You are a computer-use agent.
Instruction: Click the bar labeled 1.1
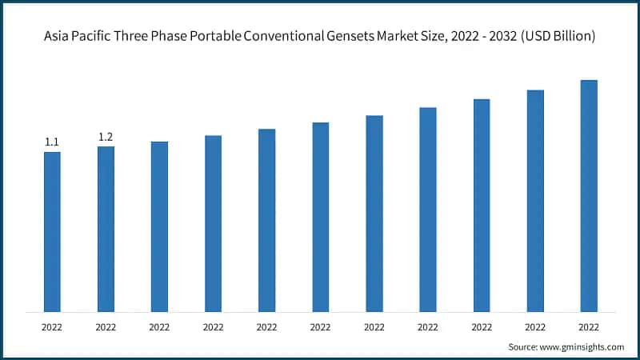(x=52, y=231)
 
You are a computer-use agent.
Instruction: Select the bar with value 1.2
(x=106, y=229)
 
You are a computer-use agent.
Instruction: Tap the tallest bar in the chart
(x=589, y=195)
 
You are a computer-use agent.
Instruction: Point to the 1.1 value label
(x=52, y=142)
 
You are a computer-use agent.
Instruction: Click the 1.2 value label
(x=106, y=137)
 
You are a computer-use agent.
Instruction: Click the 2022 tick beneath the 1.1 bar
(x=52, y=326)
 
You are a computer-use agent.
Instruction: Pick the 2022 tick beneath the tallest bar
(x=589, y=326)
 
